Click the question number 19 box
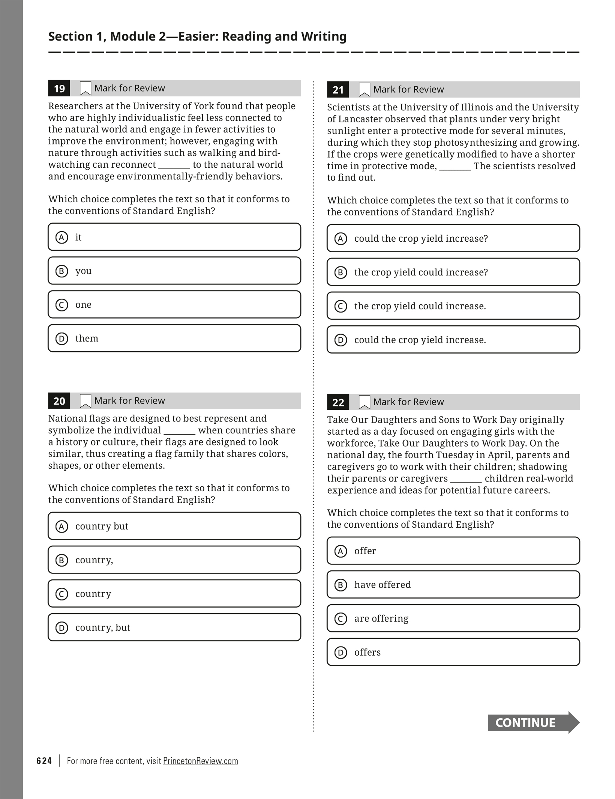(x=59, y=89)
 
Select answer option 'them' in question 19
(x=174, y=338)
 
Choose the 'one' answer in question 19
(x=174, y=304)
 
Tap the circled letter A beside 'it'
(x=62, y=237)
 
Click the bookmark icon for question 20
(x=85, y=401)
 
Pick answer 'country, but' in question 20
(x=174, y=627)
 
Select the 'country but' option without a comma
(x=174, y=526)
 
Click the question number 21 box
(x=338, y=90)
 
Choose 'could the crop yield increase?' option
(x=453, y=238)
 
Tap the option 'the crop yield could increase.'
(x=453, y=306)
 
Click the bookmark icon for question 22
(x=364, y=402)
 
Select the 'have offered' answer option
(x=453, y=585)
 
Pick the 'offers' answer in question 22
(x=453, y=652)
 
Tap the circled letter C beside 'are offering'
(x=340, y=618)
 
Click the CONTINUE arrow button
(x=533, y=722)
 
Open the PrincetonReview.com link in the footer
(x=200, y=761)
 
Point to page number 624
(x=44, y=761)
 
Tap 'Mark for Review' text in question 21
(x=408, y=89)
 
